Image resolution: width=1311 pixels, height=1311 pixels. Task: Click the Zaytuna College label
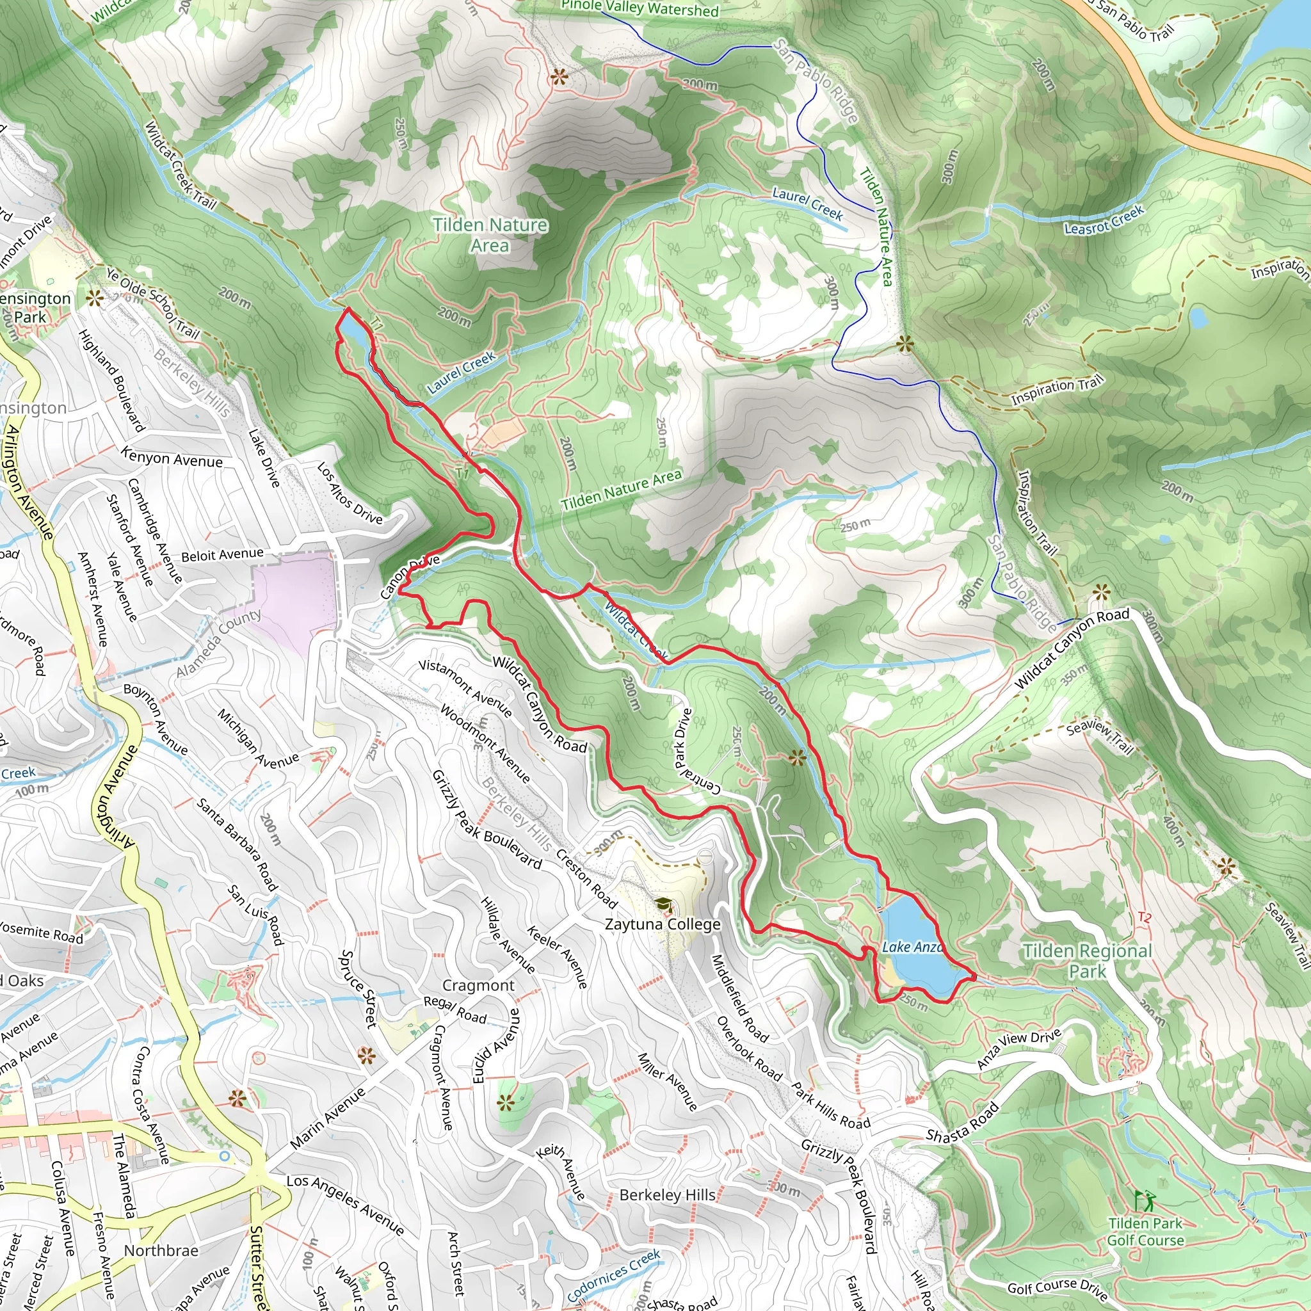coord(663,924)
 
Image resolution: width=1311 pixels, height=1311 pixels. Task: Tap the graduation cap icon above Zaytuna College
coord(663,905)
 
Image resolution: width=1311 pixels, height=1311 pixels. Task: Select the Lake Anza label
coord(912,947)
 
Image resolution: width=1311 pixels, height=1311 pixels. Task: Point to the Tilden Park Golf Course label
coord(1145,1232)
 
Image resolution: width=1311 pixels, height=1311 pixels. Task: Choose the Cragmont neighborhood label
coord(478,985)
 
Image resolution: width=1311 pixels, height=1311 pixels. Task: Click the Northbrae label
coord(161,1251)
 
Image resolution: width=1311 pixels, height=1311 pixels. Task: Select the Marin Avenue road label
coord(328,1118)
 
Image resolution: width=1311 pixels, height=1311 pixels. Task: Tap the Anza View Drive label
coord(1018,1049)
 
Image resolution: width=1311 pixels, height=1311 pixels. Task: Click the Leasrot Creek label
coord(1104,220)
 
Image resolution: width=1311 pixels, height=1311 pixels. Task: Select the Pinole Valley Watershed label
coord(639,8)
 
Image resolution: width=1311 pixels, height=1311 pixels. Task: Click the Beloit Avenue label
coord(222,555)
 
